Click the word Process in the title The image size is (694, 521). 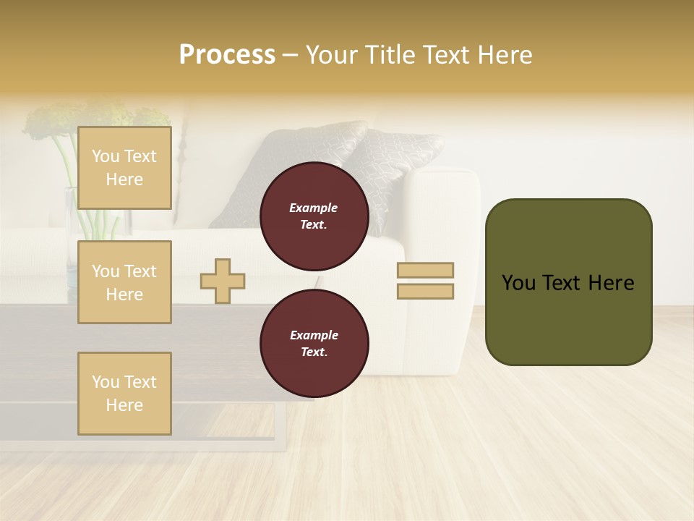(227, 55)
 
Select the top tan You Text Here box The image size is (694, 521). (124, 168)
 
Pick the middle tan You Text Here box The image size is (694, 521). (124, 282)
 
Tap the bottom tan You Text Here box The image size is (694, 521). (124, 394)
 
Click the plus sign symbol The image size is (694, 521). (223, 281)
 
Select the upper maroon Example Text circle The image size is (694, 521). (314, 216)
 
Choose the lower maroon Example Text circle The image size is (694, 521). (314, 343)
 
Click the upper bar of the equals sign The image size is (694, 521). (425, 271)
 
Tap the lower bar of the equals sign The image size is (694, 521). (425, 292)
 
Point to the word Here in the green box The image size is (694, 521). (611, 283)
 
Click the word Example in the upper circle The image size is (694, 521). (314, 208)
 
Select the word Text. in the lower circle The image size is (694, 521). (314, 352)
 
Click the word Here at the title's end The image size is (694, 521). (506, 55)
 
